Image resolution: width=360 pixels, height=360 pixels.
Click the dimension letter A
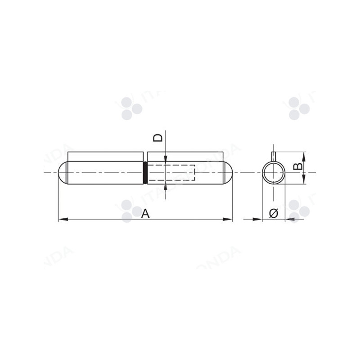point(145,214)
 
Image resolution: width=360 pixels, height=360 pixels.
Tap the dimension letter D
point(157,138)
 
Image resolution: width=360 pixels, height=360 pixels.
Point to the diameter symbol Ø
point(274,213)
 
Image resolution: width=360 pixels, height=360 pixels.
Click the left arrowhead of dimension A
point(63,220)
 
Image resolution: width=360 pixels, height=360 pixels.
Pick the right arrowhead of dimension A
point(228,220)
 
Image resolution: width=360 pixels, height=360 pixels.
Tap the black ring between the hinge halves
point(145,173)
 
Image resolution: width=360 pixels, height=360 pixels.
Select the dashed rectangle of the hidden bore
point(171,173)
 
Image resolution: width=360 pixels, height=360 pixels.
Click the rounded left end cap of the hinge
point(63,173)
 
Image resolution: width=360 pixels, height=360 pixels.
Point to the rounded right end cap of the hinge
point(228,173)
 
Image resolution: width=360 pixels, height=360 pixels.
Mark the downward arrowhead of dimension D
point(166,158)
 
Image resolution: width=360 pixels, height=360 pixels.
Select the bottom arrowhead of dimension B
point(304,180)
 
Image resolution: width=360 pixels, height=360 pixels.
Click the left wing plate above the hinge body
point(105,157)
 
